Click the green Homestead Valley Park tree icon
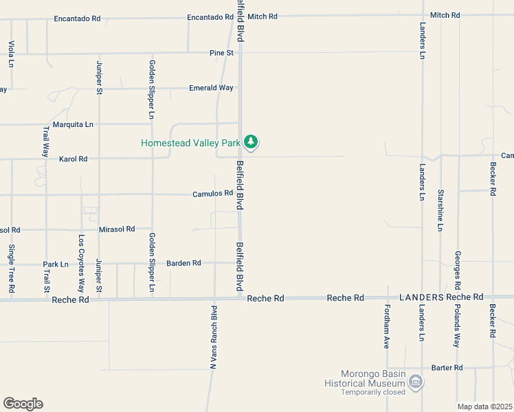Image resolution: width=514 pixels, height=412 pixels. (x=252, y=143)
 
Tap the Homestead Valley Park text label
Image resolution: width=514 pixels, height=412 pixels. (x=190, y=144)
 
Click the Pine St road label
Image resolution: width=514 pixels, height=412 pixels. (x=222, y=53)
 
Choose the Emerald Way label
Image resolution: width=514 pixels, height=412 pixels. (x=212, y=88)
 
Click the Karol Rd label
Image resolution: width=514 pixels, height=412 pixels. (x=74, y=159)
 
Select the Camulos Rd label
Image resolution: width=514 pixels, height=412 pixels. (x=213, y=194)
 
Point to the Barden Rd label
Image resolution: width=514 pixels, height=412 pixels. (x=183, y=263)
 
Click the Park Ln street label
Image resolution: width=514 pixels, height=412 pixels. (x=56, y=264)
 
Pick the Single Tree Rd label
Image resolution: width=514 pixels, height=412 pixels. (x=12, y=269)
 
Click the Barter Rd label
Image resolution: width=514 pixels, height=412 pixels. (x=447, y=368)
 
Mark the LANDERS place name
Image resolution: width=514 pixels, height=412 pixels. (x=421, y=297)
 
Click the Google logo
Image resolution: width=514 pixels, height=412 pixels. (x=23, y=404)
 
